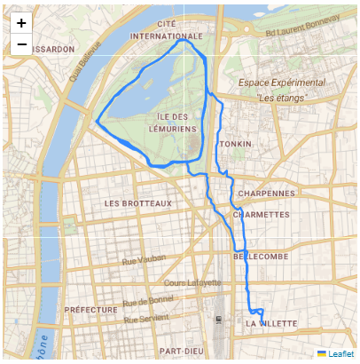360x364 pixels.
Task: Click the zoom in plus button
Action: [21, 22]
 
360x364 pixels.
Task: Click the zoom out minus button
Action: [21, 44]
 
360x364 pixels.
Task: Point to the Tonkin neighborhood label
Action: [235, 144]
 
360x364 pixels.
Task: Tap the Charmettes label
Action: [262, 214]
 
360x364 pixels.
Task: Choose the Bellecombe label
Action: [260, 256]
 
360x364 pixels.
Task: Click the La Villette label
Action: [271, 324]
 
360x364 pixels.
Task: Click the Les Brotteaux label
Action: [137, 203]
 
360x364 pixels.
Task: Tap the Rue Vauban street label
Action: [143, 261]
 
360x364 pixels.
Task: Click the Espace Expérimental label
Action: [281, 83]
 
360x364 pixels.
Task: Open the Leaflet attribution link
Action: [340, 354]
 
